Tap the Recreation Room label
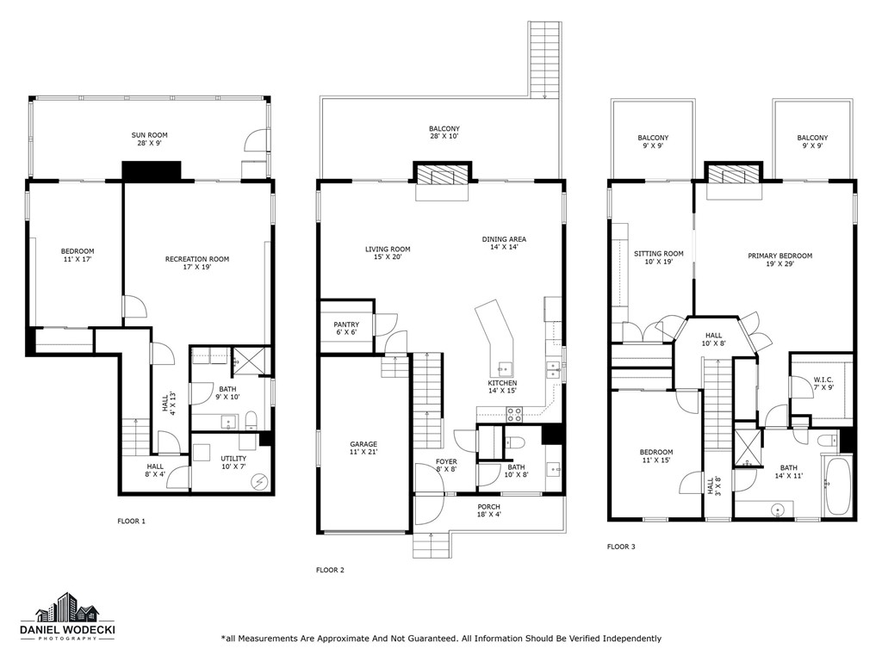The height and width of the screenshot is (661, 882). coord(197,263)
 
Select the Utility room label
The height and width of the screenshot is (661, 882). coord(233,462)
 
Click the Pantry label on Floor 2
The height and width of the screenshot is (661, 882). coord(346,329)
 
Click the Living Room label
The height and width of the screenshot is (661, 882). coord(388,253)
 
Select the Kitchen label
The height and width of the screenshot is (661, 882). coord(502,387)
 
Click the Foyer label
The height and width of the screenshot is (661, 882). coord(445,466)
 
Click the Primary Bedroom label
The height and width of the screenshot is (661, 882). coord(780,260)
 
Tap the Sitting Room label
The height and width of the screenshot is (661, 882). coord(658,257)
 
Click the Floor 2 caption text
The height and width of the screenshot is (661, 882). coord(330,570)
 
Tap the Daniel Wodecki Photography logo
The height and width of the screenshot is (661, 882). coord(67,617)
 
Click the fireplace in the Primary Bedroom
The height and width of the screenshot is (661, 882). coord(733,177)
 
